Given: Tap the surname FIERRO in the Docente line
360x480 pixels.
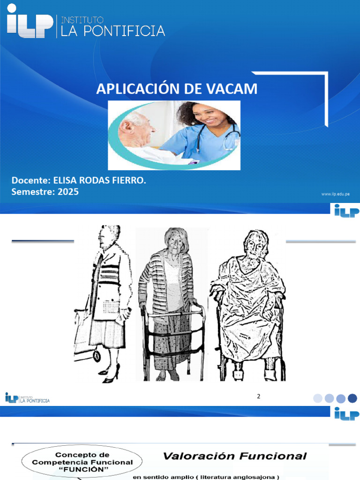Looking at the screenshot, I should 126,180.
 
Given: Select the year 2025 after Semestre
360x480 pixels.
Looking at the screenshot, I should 68,192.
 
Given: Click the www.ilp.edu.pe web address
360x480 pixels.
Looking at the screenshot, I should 336,194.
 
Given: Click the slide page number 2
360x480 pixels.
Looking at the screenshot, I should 258,397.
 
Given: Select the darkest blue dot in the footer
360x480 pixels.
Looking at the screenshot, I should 352,398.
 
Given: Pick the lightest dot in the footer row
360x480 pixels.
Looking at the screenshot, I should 318,398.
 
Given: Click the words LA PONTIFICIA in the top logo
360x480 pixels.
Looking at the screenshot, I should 111,31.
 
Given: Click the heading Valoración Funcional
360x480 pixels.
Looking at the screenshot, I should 234,456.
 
